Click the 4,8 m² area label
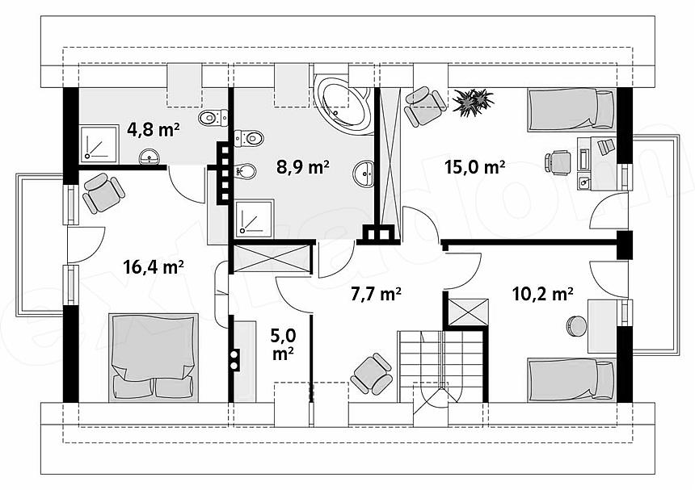click(153, 130)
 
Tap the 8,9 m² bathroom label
click(303, 167)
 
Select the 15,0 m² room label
click(474, 167)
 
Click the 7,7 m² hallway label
click(377, 294)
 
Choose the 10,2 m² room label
click(542, 293)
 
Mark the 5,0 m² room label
click(283, 345)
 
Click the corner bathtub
click(344, 104)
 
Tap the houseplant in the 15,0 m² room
click(473, 103)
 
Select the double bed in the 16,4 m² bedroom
click(154, 358)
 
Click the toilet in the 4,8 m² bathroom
click(213, 118)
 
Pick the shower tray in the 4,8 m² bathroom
click(99, 144)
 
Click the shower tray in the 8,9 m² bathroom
click(255, 218)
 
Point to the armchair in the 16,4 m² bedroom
click(103, 194)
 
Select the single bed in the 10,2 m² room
click(572, 380)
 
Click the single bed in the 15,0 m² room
click(571, 111)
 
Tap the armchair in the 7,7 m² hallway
click(372, 374)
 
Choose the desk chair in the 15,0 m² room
click(558, 162)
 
